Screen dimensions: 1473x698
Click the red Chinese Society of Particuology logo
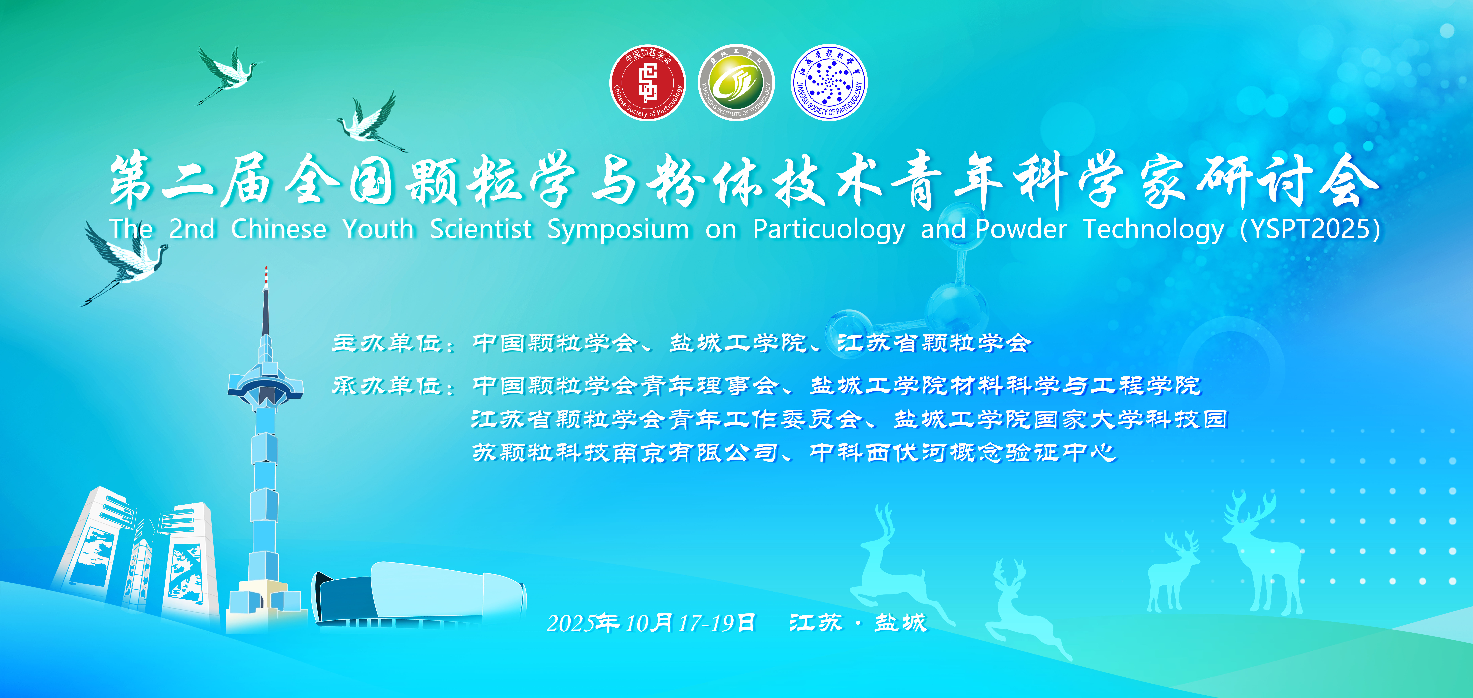point(648,83)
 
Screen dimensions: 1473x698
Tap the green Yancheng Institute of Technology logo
point(736,83)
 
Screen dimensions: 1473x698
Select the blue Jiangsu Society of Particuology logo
point(829,83)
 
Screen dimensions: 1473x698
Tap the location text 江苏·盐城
point(858,623)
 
